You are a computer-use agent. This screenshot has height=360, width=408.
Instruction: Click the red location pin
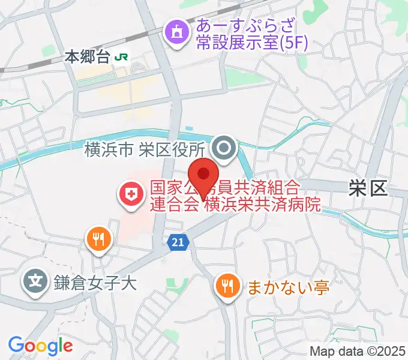pyautogui.click(x=205, y=175)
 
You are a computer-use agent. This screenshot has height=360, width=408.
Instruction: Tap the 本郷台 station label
pyautogui.click(x=88, y=58)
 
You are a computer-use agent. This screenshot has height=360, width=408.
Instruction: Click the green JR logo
pyautogui.click(x=123, y=58)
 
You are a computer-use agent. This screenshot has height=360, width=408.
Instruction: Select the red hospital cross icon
pyautogui.click(x=129, y=194)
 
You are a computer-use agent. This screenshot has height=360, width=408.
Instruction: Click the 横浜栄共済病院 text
pyautogui.click(x=262, y=204)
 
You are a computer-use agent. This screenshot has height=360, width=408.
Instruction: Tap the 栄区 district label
pyautogui.click(x=368, y=189)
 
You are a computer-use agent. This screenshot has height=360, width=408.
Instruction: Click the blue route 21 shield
pyautogui.click(x=178, y=242)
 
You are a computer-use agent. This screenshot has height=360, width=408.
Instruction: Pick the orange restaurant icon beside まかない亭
pyautogui.click(x=227, y=285)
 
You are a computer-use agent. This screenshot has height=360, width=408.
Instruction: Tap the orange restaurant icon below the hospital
pyautogui.click(x=98, y=239)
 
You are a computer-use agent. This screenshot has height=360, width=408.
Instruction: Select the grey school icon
pyautogui.click(x=35, y=280)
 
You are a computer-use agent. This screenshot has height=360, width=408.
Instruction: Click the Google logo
pyautogui.click(x=40, y=346)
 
